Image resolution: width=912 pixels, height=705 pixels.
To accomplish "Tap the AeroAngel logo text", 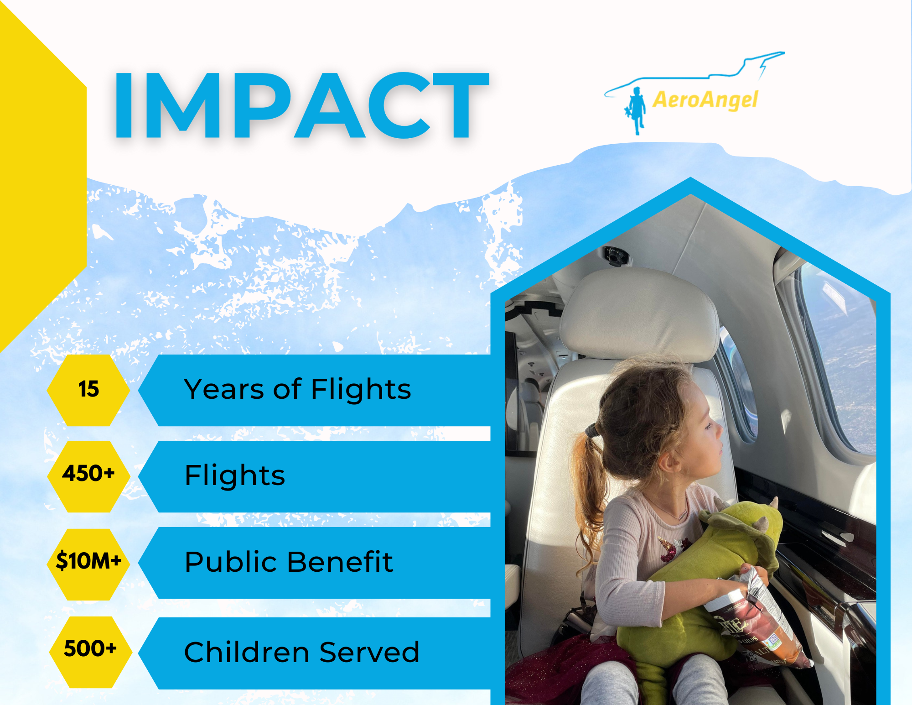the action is click(x=705, y=99).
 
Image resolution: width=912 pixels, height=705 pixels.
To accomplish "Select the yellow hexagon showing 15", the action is click(x=88, y=390).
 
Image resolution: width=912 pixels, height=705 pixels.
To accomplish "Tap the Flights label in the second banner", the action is click(x=235, y=475).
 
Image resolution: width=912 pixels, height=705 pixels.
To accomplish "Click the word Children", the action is click(x=246, y=652).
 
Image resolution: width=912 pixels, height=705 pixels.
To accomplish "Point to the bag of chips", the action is click(x=757, y=621).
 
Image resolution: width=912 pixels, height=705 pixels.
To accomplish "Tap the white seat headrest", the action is click(x=638, y=315).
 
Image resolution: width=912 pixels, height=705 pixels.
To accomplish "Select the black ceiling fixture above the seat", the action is click(x=616, y=256).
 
